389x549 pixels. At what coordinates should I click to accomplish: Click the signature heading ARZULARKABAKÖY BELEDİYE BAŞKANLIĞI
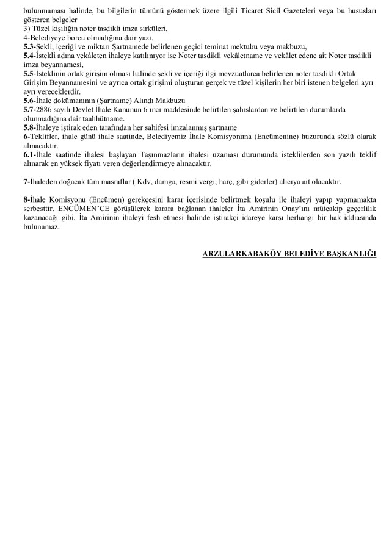(x=289, y=254)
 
